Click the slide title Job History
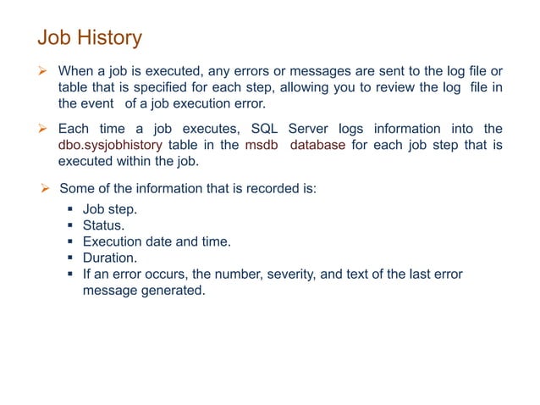89,38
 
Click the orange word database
319,145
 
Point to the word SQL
265,129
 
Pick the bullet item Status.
103,225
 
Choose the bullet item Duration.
109,258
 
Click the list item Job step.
109,209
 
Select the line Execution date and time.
156,241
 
